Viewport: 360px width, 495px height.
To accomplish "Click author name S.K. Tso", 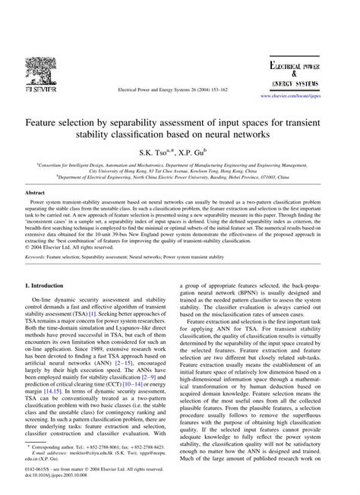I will (157, 153).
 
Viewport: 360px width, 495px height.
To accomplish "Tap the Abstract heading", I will (38, 194).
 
